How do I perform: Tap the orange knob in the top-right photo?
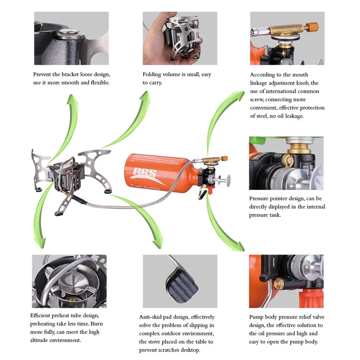tap(313, 27)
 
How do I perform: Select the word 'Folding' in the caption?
tap(152, 74)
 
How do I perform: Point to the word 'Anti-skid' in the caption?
tap(150, 317)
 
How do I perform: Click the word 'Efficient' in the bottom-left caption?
tap(40, 315)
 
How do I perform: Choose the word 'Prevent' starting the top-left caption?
tap(42, 74)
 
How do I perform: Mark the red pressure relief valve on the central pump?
tap(210, 189)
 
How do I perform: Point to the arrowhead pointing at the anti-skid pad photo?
tap(158, 243)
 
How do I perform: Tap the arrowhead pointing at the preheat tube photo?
tap(40, 243)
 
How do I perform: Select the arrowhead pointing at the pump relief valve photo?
tap(239, 247)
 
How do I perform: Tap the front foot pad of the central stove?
tap(59, 213)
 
